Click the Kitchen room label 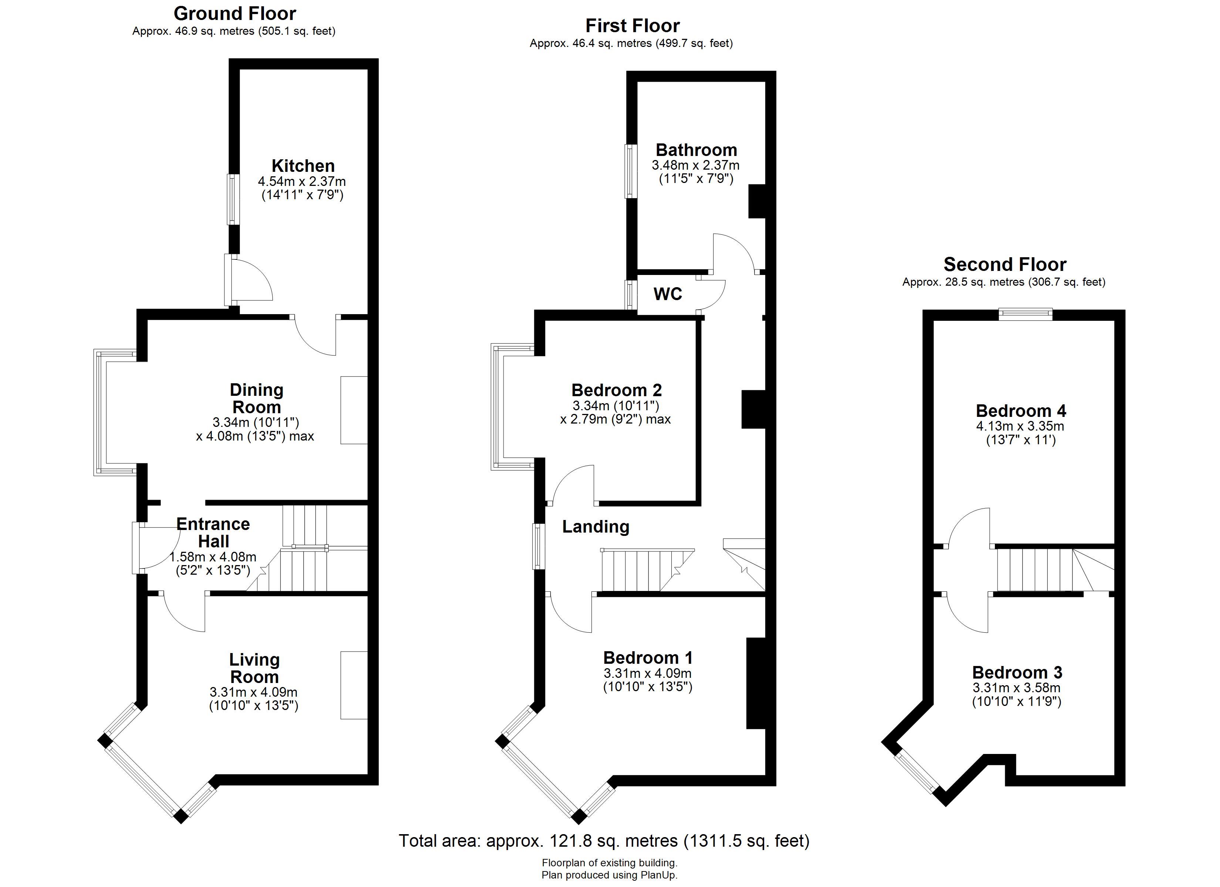click(303, 166)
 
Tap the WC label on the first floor click(668, 294)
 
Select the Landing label click(596, 527)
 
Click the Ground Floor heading click(234, 13)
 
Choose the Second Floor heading click(1005, 264)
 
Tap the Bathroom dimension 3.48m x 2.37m click(695, 165)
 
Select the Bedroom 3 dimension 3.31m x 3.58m click(1017, 688)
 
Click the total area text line click(604, 841)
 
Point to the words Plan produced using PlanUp click(610, 875)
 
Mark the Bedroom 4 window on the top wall click(1025, 314)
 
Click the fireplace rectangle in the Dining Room click(354, 410)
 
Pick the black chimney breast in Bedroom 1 click(756, 683)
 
